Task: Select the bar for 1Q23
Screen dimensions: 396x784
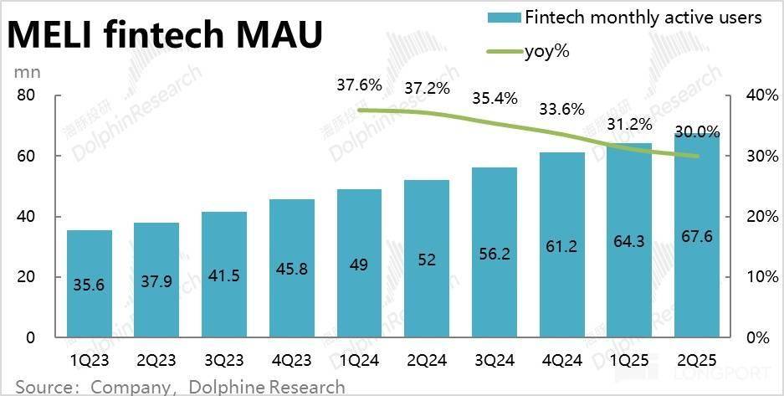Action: point(89,284)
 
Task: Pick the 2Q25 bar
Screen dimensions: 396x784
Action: point(696,234)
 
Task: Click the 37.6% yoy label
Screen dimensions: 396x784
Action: point(359,85)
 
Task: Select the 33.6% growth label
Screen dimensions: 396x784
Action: point(561,108)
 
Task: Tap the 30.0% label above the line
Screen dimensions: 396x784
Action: point(696,131)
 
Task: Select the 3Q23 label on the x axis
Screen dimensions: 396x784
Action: point(223,361)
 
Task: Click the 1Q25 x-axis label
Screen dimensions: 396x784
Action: point(628,361)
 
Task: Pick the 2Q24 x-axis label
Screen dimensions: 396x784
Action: point(426,361)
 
